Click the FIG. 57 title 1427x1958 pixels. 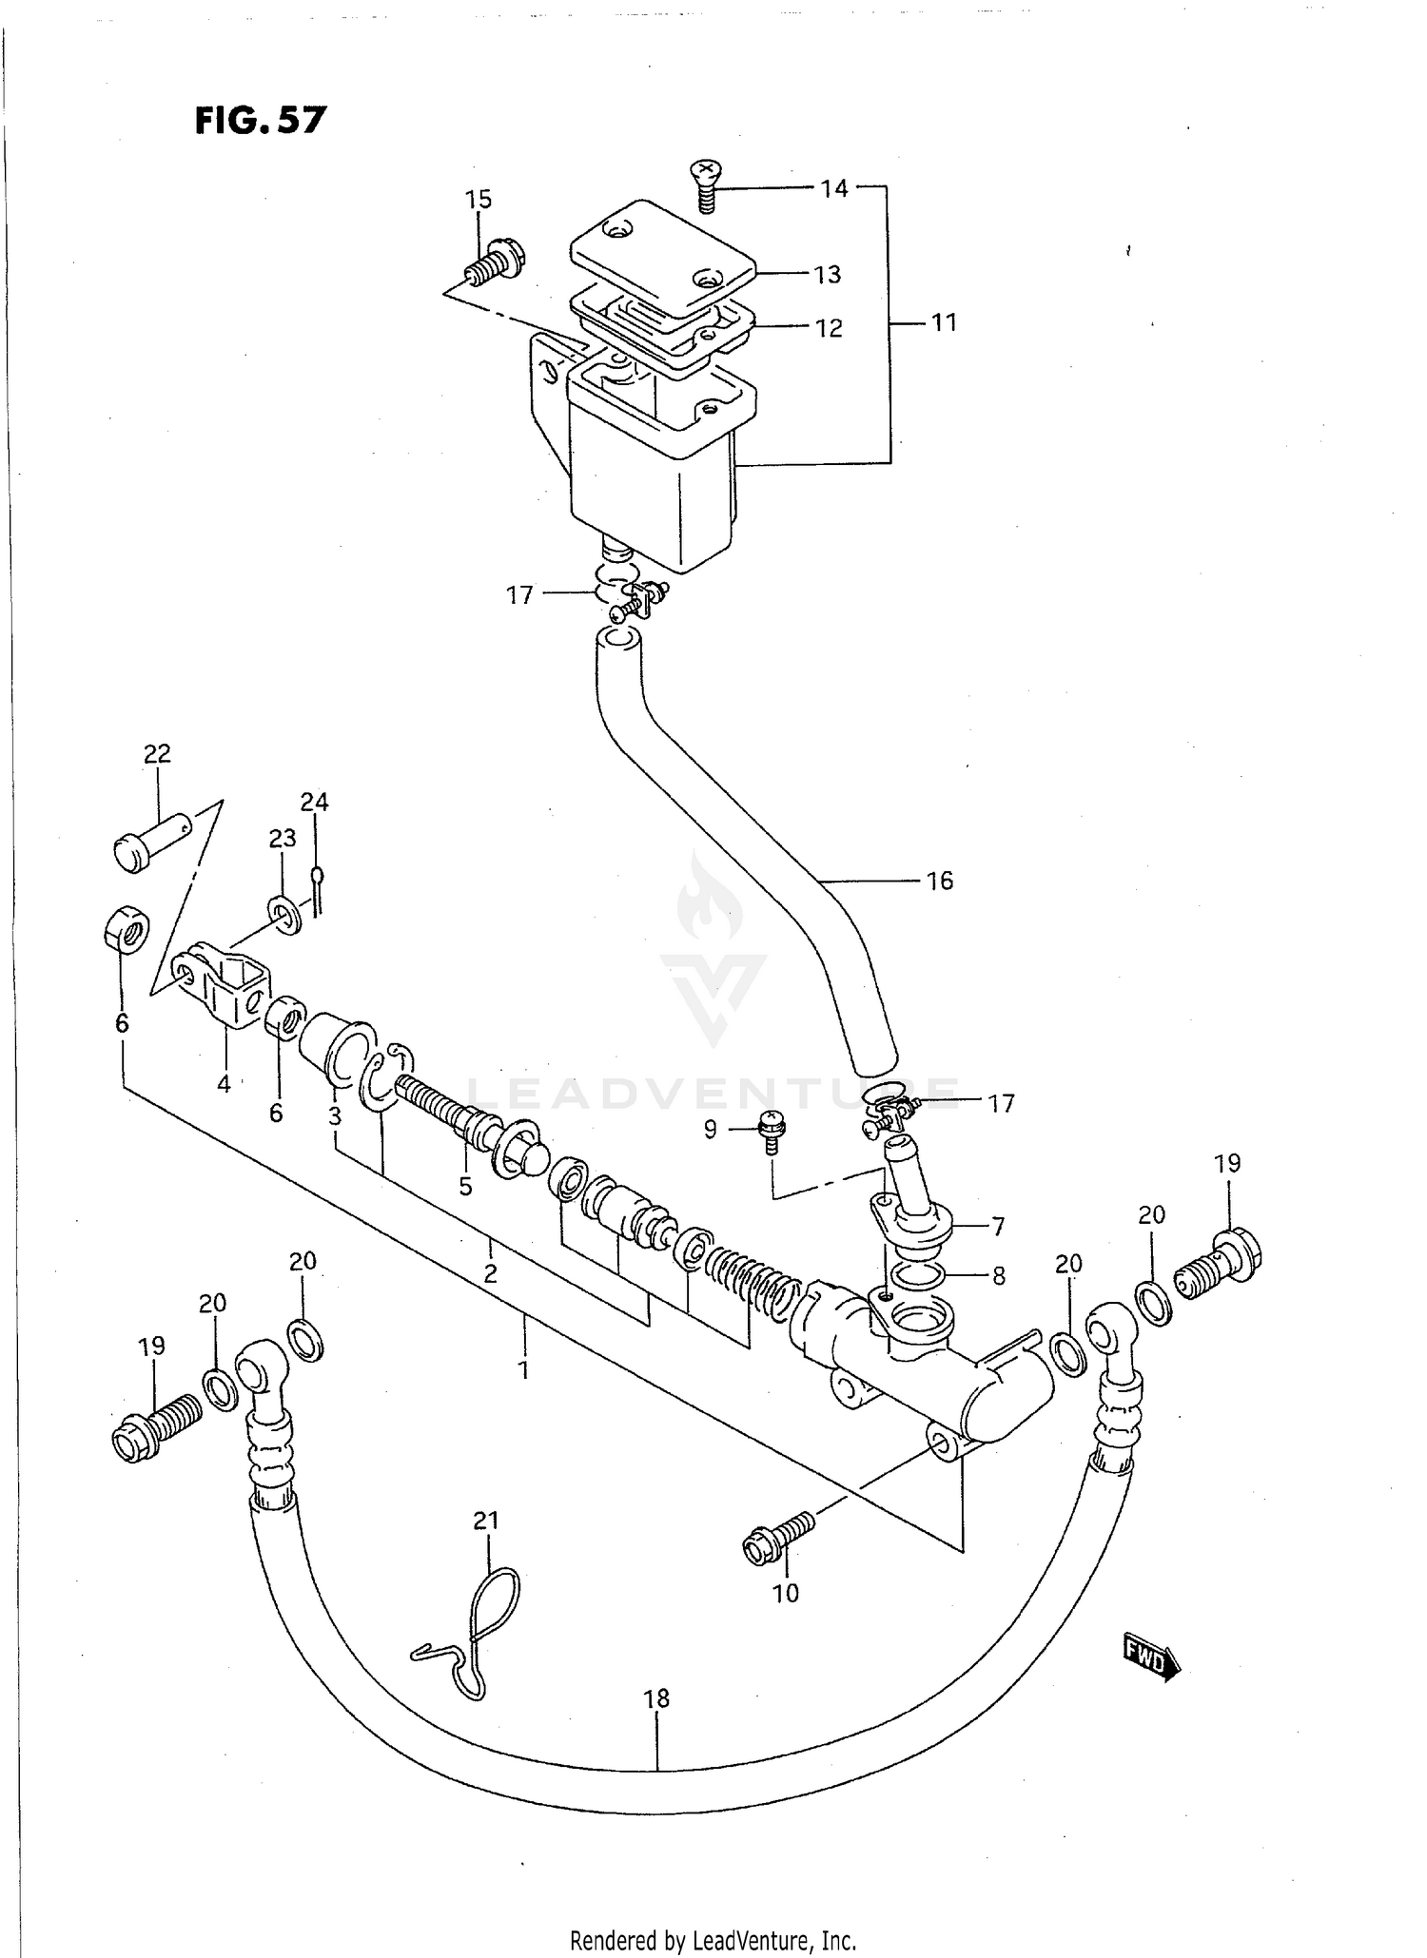261,121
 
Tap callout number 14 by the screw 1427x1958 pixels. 833,188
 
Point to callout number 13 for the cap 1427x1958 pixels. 827,274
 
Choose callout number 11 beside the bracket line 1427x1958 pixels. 943,322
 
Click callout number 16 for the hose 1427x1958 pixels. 939,881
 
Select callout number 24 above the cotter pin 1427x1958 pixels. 314,802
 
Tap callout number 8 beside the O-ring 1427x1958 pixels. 998,1275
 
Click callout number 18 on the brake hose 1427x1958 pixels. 656,1697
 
